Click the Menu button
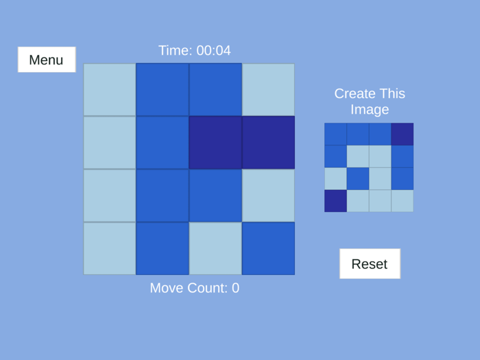pyautogui.click(x=46, y=60)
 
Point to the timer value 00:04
pyautogui.click(x=213, y=51)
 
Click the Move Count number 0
pyautogui.click(x=235, y=288)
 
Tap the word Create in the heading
pyautogui.click(x=355, y=94)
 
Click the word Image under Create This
pyautogui.click(x=370, y=110)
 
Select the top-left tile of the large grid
pyautogui.click(x=110, y=90)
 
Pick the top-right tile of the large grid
pyautogui.click(x=268, y=90)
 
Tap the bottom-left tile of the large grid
pyautogui.click(x=110, y=248)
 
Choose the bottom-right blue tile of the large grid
pyautogui.click(x=268, y=248)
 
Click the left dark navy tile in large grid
pyautogui.click(x=215, y=143)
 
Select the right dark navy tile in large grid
pyautogui.click(x=268, y=143)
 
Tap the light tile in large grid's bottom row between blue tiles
pyautogui.click(x=215, y=248)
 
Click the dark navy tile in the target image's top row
pyautogui.click(x=403, y=134)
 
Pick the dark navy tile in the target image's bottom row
pyautogui.click(x=335, y=201)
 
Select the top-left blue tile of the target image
pyautogui.click(x=335, y=134)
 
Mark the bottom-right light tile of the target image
pyautogui.click(x=403, y=201)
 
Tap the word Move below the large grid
pyautogui.click(x=169, y=288)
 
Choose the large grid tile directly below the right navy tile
pyautogui.click(x=268, y=195)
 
